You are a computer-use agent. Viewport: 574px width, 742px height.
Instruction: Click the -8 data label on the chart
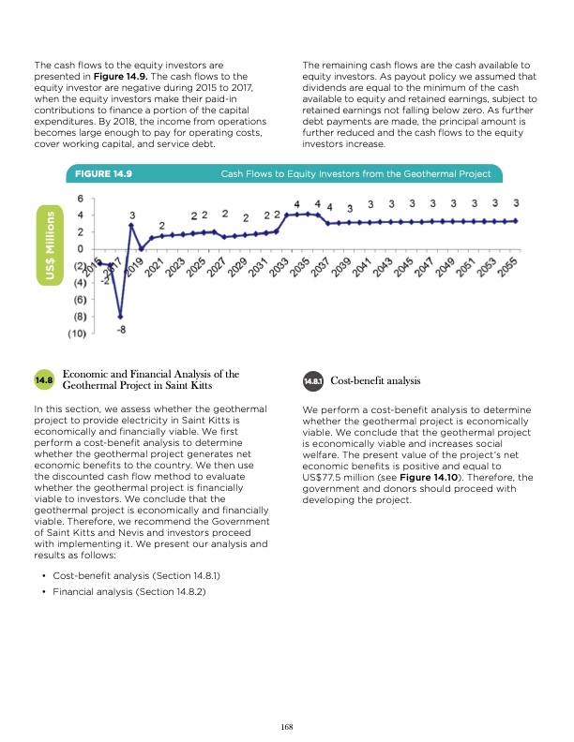click(122, 329)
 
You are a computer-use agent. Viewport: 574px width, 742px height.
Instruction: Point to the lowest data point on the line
click(121, 316)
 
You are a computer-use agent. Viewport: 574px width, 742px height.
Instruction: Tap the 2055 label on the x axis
click(508, 268)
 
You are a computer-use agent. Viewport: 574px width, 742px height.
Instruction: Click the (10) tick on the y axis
click(78, 333)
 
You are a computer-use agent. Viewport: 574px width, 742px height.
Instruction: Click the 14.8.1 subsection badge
click(312, 381)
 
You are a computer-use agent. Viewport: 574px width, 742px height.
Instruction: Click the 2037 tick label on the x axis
click(322, 268)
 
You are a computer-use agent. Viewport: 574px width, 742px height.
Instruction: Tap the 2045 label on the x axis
click(404, 268)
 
